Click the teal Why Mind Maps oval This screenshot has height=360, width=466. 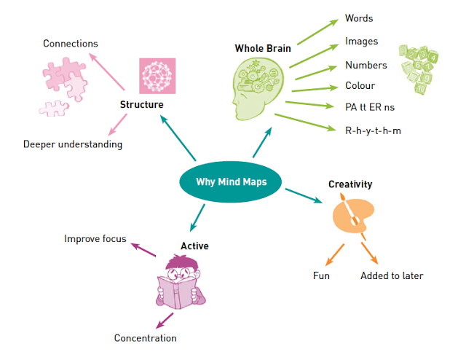coord(231,182)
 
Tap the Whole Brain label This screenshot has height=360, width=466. coord(262,49)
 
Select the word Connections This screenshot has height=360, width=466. coord(70,44)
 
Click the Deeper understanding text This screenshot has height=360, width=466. coord(72,144)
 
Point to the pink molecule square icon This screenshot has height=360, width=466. coord(158,76)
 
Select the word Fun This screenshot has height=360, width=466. coord(322,275)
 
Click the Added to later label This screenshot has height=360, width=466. coord(392,275)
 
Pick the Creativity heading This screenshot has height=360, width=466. coord(350,184)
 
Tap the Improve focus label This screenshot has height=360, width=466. coord(95,238)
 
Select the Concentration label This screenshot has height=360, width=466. coord(145,337)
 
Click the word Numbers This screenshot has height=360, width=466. coord(366,66)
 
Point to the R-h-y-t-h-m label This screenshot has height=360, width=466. coord(374,130)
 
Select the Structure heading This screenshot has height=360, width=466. coord(141,105)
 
